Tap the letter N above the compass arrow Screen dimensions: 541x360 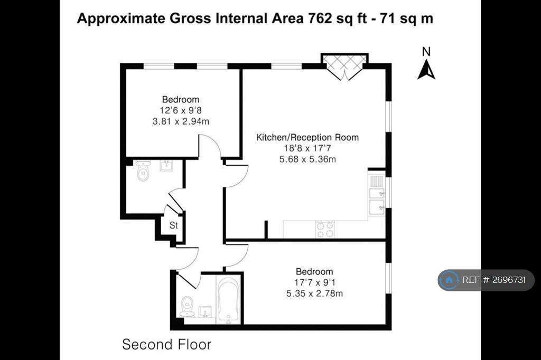tap(426, 52)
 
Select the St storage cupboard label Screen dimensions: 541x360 tap(173, 225)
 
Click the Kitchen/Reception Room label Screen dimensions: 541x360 tap(307, 137)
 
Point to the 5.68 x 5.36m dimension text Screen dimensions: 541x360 tap(307, 159)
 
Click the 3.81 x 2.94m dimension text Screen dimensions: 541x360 tap(181, 121)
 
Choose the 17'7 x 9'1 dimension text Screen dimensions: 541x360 tap(315, 282)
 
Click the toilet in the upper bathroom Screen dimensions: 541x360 tap(143, 170)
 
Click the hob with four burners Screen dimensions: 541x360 tap(325, 229)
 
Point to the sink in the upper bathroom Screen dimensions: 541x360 tap(166, 166)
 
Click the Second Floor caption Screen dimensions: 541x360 tap(166, 345)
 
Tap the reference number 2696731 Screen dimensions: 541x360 tap(509, 280)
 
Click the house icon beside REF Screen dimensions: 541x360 tap(449, 280)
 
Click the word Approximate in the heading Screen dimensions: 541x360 tap(121, 18)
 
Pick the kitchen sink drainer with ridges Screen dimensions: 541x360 tap(377, 181)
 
